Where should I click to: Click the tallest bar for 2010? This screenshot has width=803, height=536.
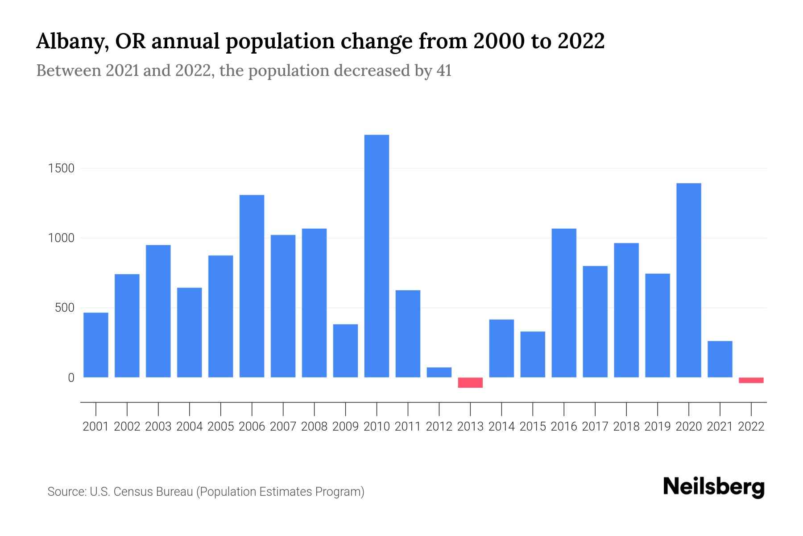[377, 256]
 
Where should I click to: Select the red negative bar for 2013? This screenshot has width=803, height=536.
[470, 382]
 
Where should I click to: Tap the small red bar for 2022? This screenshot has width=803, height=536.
[751, 380]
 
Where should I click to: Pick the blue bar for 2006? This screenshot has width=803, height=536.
[252, 286]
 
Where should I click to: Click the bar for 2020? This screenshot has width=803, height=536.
[688, 280]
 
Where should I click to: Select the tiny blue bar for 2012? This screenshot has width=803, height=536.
[439, 372]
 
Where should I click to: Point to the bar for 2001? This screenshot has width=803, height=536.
[96, 345]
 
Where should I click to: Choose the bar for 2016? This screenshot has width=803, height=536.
[564, 303]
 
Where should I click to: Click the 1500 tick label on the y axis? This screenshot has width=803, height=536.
[62, 169]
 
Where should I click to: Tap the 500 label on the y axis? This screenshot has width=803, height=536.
[65, 308]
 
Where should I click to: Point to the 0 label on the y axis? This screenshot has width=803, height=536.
[71, 378]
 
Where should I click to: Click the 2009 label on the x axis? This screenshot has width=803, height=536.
[345, 427]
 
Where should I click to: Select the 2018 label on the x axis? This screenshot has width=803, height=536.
[626, 427]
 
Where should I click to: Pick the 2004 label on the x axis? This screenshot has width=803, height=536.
[190, 427]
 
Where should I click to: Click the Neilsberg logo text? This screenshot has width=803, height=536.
[714, 487]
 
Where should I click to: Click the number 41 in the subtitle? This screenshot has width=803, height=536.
[443, 71]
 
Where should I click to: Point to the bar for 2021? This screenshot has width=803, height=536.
[720, 359]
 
